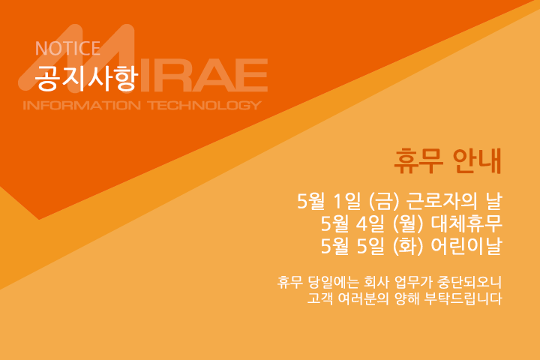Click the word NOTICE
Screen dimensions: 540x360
click(67, 48)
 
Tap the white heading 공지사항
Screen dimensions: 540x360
click(86, 78)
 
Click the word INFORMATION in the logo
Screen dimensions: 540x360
click(82, 105)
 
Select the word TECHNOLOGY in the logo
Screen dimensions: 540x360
click(205, 105)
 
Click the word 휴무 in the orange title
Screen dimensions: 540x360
click(418, 161)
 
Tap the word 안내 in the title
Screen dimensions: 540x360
click(477, 161)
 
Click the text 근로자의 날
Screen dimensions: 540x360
click(454, 201)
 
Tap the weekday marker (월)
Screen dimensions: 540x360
click(408, 224)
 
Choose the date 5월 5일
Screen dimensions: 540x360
click(352, 246)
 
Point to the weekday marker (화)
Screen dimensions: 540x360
click(408, 246)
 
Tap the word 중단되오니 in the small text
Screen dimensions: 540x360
click(469, 283)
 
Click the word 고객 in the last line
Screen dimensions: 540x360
click(320, 298)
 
